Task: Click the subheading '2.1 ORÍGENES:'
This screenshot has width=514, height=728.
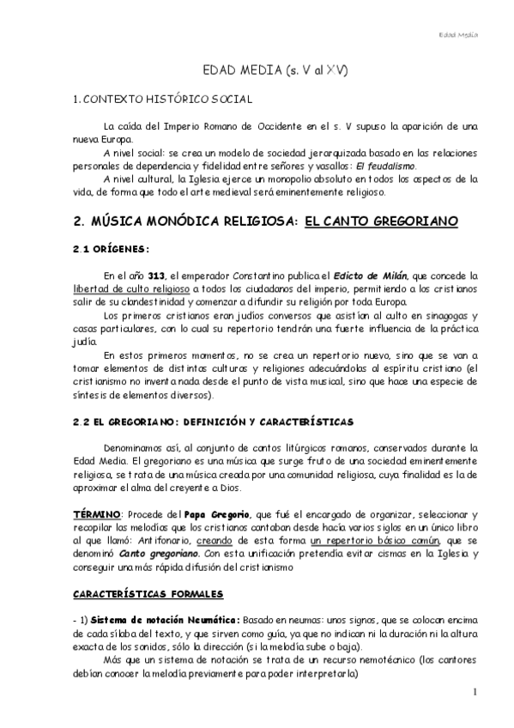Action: pos(112,250)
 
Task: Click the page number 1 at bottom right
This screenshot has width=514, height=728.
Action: pos(474,691)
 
